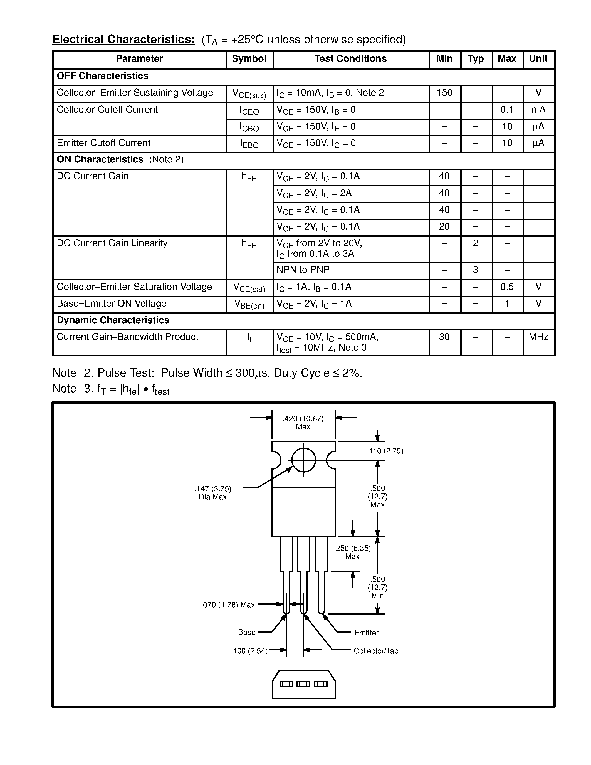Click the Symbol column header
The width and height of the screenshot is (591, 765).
coord(249,59)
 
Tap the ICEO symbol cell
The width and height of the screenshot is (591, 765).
coord(249,111)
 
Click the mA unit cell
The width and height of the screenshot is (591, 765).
coord(538,110)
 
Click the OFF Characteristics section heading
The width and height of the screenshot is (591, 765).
coord(102,76)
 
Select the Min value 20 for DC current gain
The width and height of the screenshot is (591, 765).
coord(444,227)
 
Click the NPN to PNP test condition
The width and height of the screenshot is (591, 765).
coord(303,270)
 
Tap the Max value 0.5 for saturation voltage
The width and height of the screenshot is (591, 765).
coord(507,287)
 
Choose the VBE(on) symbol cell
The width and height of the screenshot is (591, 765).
coord(249,304)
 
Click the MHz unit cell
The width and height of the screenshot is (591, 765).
coord(538,337)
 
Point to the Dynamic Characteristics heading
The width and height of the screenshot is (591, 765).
coord(113,320)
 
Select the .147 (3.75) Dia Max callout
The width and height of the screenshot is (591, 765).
coord(212,492)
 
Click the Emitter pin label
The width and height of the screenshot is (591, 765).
coord(366,633)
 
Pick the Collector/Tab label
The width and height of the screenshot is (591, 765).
coord(376,651)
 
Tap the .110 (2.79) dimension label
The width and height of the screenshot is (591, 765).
coord(385,451)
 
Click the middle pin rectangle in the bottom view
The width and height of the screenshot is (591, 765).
coord(303,684)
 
